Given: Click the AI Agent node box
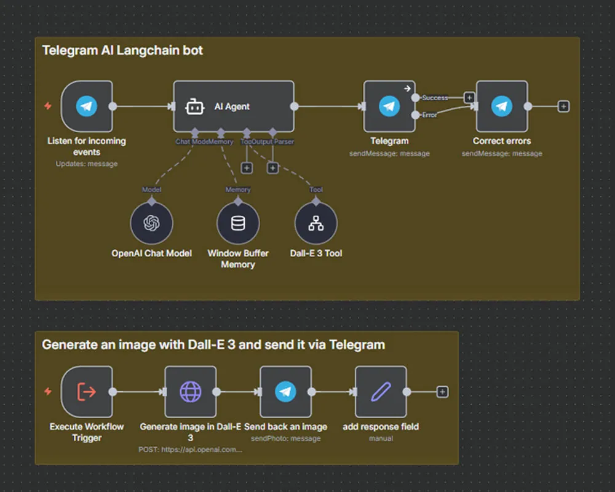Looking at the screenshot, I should (233, 106).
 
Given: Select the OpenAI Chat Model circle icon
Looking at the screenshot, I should (151, 223).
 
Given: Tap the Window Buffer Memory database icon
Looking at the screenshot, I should (238, 223).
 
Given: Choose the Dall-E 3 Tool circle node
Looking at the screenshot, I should (316, 223).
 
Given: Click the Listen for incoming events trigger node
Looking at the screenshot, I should (87, 106).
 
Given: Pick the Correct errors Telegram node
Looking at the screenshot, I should (502, 106).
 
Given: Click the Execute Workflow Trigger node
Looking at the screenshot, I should (87, 392).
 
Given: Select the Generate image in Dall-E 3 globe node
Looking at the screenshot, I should (191, 392).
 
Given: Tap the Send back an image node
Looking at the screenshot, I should (285, 392).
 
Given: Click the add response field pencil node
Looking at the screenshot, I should (381, 392).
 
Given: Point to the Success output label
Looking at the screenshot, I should (435, 98).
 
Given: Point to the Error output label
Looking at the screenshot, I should (430, 114).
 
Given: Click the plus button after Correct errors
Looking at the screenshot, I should (563, 106).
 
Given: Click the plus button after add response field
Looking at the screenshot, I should (442, 392).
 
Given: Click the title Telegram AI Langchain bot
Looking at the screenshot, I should (122, 50).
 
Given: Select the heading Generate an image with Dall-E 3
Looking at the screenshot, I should (213, 344).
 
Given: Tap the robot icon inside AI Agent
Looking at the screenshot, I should (195, 106).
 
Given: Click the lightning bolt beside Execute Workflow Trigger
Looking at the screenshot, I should (48, 392).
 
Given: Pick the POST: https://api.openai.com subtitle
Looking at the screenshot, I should (191, 450).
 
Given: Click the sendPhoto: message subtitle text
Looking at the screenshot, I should (285, 438).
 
